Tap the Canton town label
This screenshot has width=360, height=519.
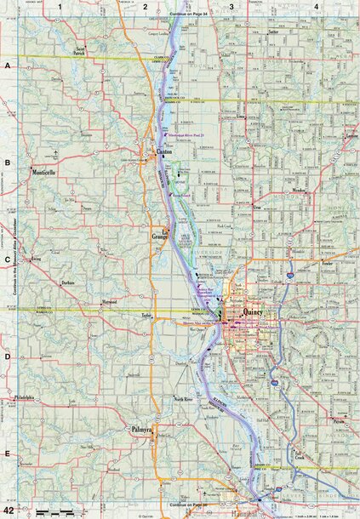tap(165, 153)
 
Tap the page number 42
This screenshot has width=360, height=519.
tap(8, 510)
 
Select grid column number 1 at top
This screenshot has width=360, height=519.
tap(60, 7)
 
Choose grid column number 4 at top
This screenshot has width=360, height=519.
tap(316, 7)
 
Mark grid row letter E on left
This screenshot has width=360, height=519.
tap(7, 455)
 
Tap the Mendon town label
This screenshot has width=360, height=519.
tap(298, 191)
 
